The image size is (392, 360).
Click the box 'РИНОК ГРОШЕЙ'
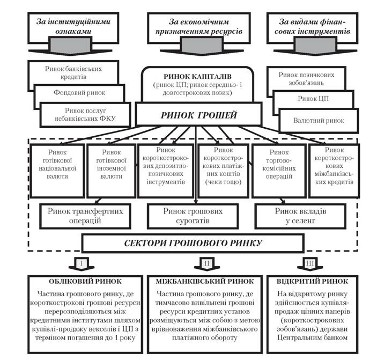pyautogui.click(x=198, y=115)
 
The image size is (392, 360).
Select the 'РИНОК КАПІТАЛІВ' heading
pyautogui.click(x=197, y=76)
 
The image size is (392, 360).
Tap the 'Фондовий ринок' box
pyautogui.click(x=79, y=93)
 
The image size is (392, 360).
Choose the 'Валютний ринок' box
pyautogui.click(x=319, y=121)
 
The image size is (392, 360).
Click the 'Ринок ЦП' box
pyautogui.click(x=313, y=99)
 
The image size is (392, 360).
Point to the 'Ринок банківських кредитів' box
pyautogui.click(x=73, y=72)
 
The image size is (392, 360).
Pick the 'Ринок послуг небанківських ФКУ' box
pyautogui.click(x=85, y=115)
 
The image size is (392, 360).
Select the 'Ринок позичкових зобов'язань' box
pyautogui.click(x=307, y=78)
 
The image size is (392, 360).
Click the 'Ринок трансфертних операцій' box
pyautogui.click(x=85, y=216)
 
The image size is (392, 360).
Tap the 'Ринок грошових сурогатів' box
pyautogui.click(x=193, y=216)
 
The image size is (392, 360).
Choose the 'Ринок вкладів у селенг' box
pyautogui.click(x=300, y=216)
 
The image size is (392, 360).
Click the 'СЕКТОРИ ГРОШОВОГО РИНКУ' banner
pyautogui.click(x=193, y=243)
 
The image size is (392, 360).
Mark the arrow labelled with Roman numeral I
pyautogui.click(x=82, y=264)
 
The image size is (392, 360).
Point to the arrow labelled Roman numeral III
pyautogui.click(x=310, y=264)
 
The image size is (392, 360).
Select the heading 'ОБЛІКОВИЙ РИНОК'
pyautogui.click(x=85, y=282)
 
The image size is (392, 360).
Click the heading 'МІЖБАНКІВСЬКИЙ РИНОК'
pyautogui.click(x=205, y=282)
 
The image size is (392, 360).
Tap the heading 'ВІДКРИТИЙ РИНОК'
pyautogui.click(x=312, y=282)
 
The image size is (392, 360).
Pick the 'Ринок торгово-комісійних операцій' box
pyautogui.click(x=279, y=171)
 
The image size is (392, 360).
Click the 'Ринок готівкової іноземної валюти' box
pyautogui.click(x=112, y=171)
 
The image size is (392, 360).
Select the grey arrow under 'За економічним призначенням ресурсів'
pyautogui.click(x=202, y=46)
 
